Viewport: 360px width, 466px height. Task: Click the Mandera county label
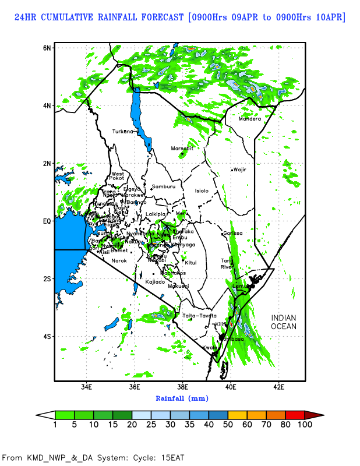click(250, 119)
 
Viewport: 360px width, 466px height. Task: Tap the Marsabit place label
click(182, 149)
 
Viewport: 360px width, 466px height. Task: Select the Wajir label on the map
click(240, 170)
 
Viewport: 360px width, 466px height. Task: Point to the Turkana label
click(123, 131)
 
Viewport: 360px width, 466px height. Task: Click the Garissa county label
click(232, 233)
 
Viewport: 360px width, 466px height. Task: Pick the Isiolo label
click(202, 190)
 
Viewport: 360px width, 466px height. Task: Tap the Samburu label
click(163, 186)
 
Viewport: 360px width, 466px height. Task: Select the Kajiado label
click(156, 282)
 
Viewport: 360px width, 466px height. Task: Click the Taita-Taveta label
click(199, 316)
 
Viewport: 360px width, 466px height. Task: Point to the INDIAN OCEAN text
click(284, 322)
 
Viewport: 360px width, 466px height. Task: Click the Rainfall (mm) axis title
click(182, 398)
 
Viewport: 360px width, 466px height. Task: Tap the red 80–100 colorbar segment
click(294, 415)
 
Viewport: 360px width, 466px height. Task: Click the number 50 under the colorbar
click(228, 425)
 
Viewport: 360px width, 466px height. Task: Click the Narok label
click(119, 260)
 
